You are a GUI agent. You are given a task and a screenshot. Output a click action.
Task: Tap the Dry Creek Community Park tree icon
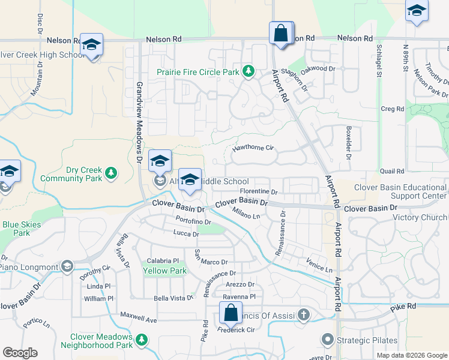click(110, 173)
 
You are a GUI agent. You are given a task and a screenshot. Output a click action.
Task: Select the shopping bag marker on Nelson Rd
click(281, 33)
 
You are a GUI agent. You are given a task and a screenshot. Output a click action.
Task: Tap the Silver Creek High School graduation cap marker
click(91, 46)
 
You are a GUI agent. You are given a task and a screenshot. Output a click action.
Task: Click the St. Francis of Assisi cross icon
click(304, 314)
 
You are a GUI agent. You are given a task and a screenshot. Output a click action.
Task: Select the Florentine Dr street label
click(259, 193)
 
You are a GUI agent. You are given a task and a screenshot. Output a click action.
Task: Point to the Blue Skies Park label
click(16, 229)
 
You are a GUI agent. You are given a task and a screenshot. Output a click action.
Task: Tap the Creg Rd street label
click(392, 109)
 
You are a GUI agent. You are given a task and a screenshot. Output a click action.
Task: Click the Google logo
click(20, 353)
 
